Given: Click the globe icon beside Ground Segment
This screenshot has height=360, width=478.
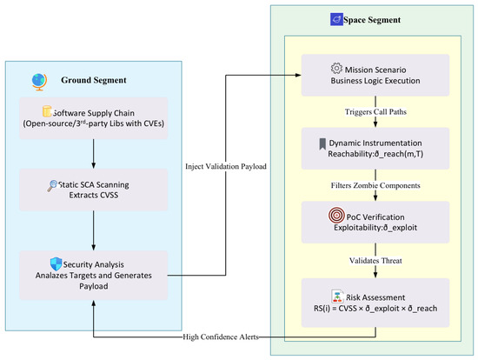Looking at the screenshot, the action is click(x=39, y=82).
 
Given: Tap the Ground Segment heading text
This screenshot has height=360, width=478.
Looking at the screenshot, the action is click(x=94, y=80).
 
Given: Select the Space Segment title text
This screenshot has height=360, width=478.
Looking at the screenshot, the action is click(x=372, y=20).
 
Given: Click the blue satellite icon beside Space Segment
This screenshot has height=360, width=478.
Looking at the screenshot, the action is click(x=336, y=19).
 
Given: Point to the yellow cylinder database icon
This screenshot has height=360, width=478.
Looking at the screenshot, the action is click(x=47, y=111).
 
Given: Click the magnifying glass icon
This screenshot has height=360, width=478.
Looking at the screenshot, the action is click(x=52, y=186).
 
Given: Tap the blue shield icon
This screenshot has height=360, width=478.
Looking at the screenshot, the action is click(x=56, y=263).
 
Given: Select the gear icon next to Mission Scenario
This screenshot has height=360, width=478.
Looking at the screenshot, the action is click(x=336, y=69).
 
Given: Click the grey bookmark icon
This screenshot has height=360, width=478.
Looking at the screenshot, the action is click(x=322, y=144).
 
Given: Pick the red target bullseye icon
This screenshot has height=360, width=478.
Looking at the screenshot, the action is click(x=336, y=215).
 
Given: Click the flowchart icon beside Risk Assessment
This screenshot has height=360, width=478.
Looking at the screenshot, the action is click(x=337, y=297).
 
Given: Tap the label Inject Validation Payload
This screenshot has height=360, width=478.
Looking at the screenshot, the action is click(x=226, y=166).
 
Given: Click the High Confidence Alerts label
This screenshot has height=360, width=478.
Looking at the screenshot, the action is click(x=221, y=337).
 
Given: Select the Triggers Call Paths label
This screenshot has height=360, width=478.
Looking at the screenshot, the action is click(x=375, y=112).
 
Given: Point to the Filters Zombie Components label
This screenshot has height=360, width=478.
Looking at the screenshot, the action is click(x=375, y=185).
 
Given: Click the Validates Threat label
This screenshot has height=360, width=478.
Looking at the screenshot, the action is click(x=375, y=261).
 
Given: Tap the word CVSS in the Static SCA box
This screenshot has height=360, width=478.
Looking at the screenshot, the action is click(x=109, y=196).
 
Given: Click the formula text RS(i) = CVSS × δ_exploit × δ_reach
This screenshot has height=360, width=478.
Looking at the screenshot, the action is click(x=375, y=309).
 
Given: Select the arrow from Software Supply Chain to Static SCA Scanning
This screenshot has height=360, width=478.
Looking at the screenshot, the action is click(x=94, y=154).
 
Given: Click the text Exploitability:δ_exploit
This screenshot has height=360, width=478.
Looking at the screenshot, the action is click(x=375, y=228).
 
